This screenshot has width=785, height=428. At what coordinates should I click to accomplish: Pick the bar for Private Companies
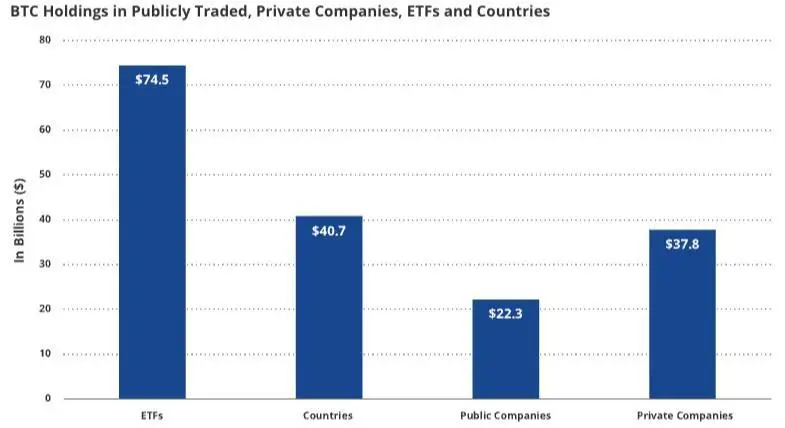pos(682,314)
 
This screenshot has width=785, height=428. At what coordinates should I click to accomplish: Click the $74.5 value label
pos(152,80)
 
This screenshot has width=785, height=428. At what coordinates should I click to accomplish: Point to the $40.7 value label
pos(329,230)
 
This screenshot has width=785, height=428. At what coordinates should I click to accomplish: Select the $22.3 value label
pos(505,313)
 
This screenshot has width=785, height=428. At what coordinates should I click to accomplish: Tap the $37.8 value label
pos(682,244)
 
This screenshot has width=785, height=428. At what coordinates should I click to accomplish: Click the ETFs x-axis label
pos(152,415)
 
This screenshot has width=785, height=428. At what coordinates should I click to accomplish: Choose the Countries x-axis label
pos(328,415)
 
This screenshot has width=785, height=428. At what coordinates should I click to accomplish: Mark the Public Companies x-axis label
pos(505,415)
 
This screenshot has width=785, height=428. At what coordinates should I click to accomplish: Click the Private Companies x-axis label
pos(684,415)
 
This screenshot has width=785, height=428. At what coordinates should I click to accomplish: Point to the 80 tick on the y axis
pos(44,40)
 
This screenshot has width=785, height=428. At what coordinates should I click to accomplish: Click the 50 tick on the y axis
pos(44,175)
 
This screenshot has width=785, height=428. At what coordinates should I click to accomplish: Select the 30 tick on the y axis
pos(44,264)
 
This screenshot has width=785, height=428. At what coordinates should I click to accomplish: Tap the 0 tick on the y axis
pos(47,398)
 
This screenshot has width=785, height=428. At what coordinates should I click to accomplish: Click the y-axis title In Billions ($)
pos(18,220)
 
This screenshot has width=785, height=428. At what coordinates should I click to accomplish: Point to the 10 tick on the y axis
pos(44,354)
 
